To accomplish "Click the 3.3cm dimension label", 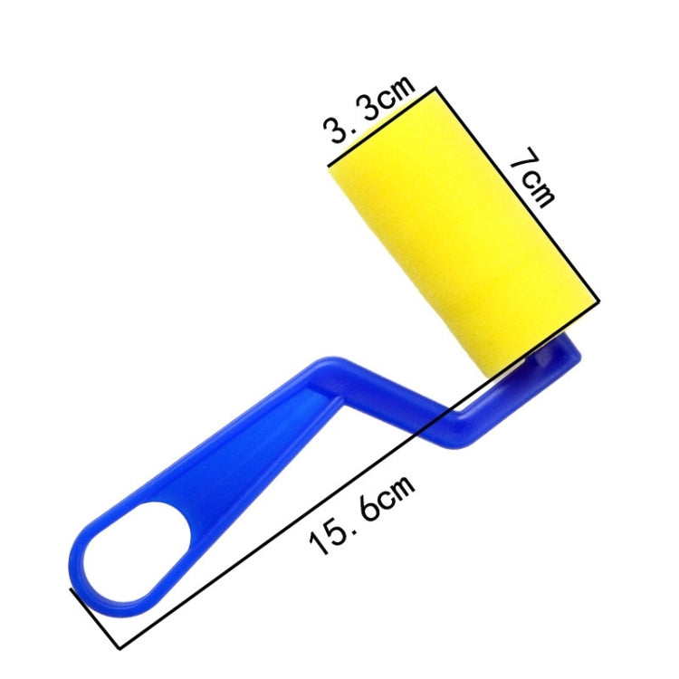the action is [369, 110].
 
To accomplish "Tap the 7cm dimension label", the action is [532, 177].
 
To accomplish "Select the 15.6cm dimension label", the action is [362, 515].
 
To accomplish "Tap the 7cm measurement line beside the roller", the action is [518, 194].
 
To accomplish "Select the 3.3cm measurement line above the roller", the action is [381, 127].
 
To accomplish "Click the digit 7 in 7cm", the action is [522, 158].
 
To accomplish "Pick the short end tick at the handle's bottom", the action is [95, 618].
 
